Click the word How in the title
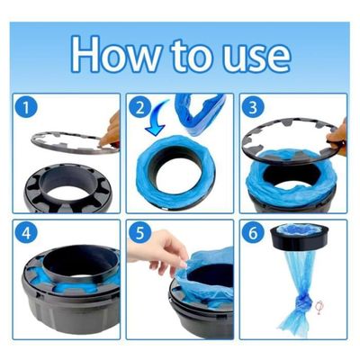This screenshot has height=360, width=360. (115, 54)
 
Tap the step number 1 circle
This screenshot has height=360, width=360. (26, 107)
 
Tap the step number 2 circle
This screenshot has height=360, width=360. (139, 107)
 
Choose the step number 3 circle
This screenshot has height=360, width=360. (253, 107)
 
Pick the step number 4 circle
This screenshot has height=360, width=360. (26, 233)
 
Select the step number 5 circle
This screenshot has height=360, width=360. (139, 233)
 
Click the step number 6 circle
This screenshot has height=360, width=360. (253, 233)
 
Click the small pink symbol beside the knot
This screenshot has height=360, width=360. (319, 306)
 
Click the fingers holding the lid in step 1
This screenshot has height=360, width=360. (112, 130)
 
